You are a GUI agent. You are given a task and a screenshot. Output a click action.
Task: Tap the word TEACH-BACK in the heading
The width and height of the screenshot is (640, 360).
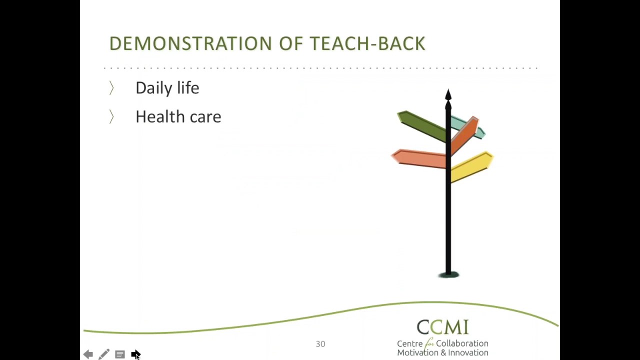367,44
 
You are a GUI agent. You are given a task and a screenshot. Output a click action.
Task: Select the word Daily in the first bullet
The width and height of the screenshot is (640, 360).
153,88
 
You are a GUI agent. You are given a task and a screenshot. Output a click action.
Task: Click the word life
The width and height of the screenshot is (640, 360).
188,88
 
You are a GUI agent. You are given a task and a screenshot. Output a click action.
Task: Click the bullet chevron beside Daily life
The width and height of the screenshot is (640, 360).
111,88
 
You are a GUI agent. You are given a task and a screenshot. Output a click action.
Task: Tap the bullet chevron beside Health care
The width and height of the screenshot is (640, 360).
111,117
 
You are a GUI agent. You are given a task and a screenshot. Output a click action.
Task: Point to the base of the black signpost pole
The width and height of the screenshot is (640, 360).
448,273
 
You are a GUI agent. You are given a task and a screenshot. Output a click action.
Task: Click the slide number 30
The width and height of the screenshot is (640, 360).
320,344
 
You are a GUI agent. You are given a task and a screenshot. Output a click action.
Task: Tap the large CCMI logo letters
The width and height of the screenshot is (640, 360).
442,327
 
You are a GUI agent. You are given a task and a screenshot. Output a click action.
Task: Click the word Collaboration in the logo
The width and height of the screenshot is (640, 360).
462,343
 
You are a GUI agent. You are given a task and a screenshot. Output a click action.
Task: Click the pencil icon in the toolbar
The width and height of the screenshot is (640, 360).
103,354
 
